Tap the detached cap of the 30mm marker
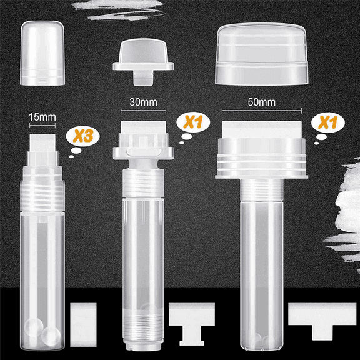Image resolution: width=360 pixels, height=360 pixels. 142,60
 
